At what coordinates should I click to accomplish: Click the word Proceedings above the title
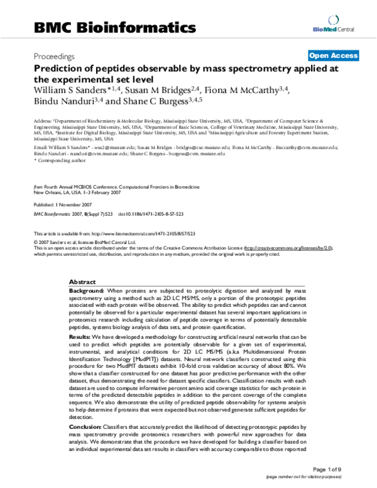click(54, 56)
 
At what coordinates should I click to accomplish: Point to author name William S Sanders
click(69, 91)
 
